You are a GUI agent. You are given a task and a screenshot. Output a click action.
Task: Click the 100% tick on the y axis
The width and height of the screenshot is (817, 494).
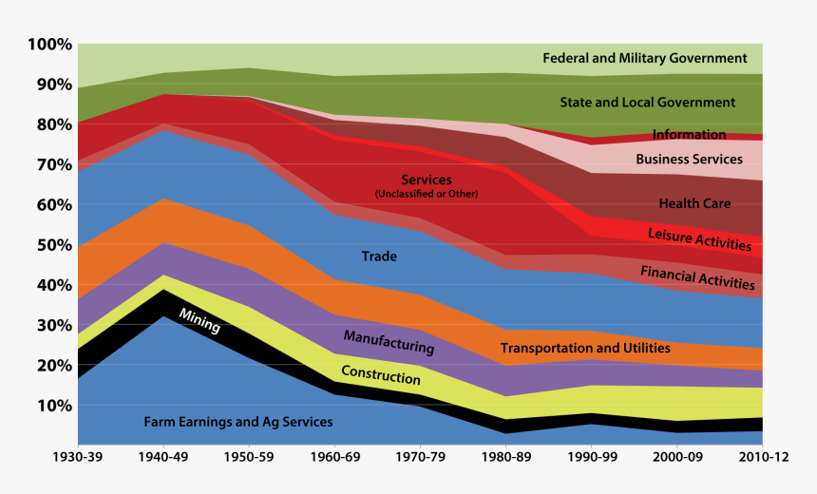(x=49, y=45)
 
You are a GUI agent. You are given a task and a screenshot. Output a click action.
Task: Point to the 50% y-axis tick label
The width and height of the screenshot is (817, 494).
(x=53, y=245)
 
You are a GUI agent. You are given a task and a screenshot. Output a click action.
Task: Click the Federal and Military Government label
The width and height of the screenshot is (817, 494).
(x=645, y=59)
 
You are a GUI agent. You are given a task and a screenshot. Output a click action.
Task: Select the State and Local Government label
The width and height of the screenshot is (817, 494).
(x=648, y=103)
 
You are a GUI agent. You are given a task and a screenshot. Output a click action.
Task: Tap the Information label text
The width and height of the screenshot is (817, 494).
(x=689, y=135)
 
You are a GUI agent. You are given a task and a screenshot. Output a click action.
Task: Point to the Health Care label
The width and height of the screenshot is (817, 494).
(x=694, y=203)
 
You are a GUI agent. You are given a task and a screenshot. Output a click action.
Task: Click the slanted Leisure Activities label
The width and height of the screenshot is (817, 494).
(x=699, y=238)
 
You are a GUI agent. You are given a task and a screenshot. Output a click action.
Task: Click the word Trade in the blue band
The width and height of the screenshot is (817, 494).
(x=379, y=256)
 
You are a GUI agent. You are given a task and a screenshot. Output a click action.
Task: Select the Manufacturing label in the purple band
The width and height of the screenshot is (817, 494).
(x=389, y=343)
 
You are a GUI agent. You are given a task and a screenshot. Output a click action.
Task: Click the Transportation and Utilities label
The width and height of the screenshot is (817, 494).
(x=585, y=349)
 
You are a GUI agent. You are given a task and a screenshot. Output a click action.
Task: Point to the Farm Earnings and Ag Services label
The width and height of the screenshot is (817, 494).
(x=238, y=422)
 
